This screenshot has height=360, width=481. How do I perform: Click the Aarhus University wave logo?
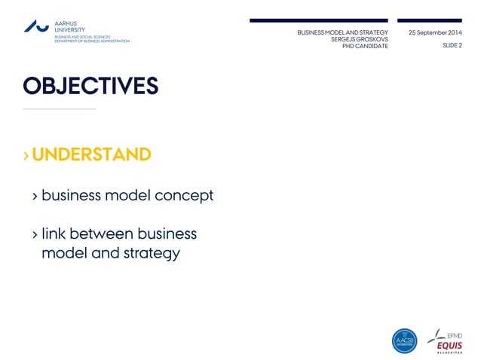(36, 26)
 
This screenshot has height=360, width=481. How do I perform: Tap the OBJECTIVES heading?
(90, 86)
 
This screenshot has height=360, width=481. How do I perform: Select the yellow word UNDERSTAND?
(91, 154)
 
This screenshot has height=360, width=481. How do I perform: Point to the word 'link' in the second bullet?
(54, 233)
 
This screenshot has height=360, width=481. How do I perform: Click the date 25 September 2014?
(435, 33)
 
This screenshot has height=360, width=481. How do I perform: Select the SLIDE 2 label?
(450, 46)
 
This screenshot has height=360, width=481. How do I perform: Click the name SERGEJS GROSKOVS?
(360, 39)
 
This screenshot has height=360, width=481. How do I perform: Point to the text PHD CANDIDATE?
(365, 46)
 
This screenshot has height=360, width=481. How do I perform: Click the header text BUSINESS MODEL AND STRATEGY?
(342, 33)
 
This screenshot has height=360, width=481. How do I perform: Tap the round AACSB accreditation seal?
(404, 340)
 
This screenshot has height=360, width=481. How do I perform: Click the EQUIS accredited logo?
(446, 340)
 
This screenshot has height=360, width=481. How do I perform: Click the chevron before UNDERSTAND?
(26, 156)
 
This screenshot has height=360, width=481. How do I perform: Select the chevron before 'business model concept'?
(35, 197)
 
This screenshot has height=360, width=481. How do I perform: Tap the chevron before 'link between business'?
(35, 234)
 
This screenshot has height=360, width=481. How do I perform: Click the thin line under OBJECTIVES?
(60, 109)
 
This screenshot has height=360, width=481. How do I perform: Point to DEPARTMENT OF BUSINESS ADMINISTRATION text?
(91, 41)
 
